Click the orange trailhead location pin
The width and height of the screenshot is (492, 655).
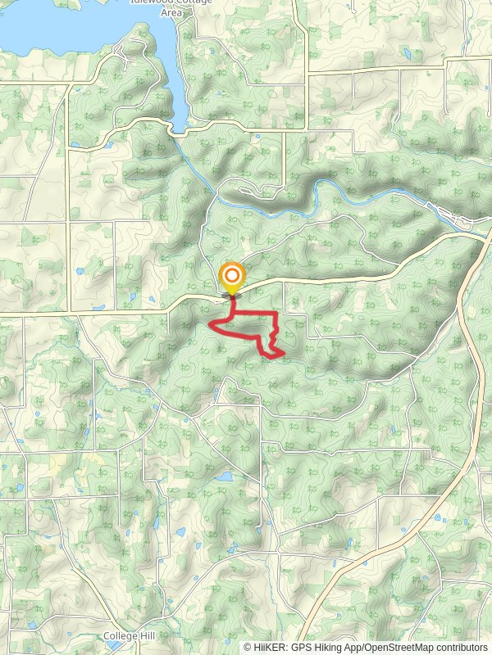tap(232, 278)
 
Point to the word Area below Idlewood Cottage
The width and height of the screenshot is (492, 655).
tap(171, 12)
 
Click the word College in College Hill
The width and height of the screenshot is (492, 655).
tap(121, 636)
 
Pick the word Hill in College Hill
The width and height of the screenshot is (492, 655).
tap(148, 636)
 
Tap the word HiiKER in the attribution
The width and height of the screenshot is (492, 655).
tap(271, 647)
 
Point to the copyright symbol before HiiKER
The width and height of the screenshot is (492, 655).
tap(248, 647)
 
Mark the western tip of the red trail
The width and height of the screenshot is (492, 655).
tap(210, 325)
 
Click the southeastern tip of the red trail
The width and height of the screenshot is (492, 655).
tap(283, 353)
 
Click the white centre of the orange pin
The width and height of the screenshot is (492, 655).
tap(232, 275)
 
